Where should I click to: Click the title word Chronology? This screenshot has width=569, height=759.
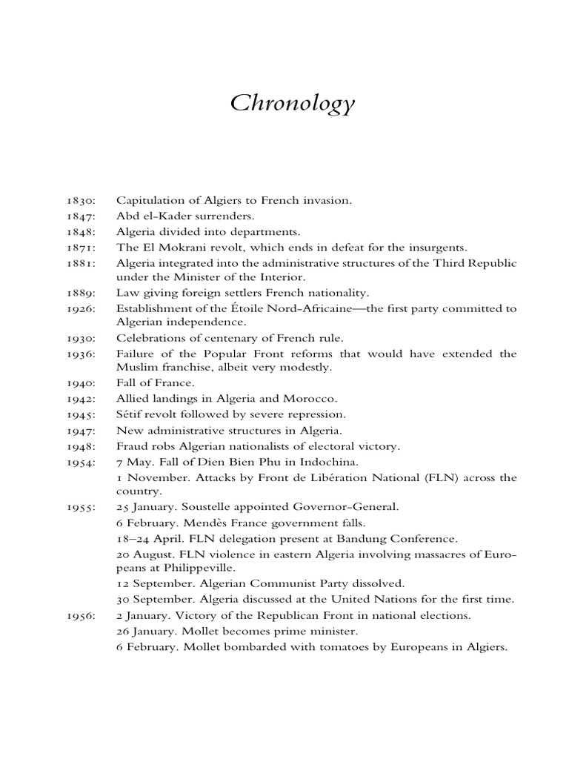point(293,105)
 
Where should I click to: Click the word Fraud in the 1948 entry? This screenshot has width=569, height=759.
point(130,446)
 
